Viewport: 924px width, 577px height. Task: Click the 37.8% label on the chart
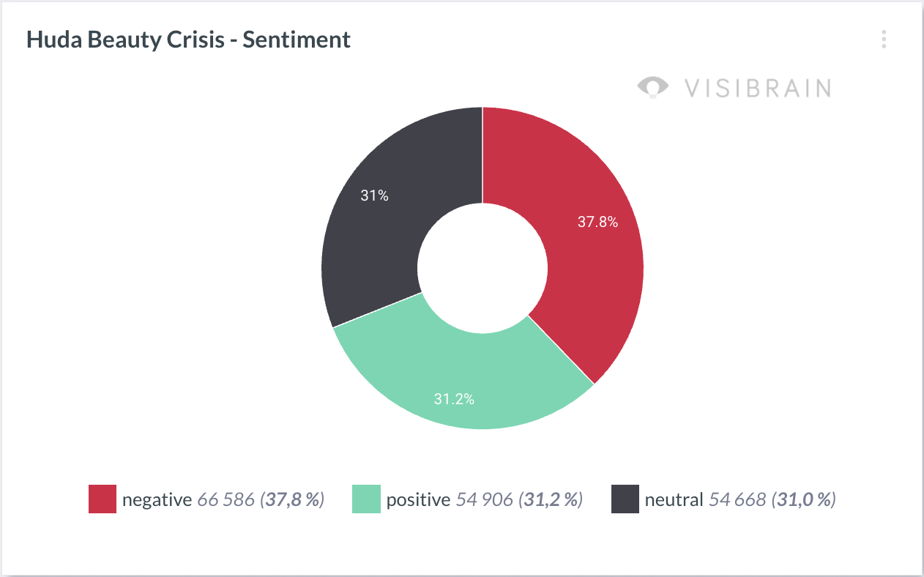[597, 222]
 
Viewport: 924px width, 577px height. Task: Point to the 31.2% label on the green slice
[454, 399]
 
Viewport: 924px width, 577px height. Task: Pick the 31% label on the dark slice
[375, 196]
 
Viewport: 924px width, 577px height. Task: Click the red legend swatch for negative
[103, 499]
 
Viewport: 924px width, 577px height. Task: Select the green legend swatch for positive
[366, 499]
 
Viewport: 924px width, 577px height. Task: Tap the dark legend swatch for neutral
[625, 499]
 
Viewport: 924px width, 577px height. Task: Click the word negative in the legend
[157, 500]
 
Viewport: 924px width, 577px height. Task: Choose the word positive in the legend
[418, 500]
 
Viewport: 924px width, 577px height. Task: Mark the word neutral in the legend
[674, 499]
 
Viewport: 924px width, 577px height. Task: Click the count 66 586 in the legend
[226, 499]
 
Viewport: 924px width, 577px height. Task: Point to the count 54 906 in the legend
[485, 499]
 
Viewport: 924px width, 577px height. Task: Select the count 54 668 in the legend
[737, 499]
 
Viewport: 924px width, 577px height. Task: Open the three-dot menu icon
[884, 40]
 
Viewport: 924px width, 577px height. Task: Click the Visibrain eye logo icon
[652, 87]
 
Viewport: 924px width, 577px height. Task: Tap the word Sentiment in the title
[297, 40]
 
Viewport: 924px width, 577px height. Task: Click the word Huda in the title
[54, 40]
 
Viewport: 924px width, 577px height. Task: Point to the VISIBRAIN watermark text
[759, 89]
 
